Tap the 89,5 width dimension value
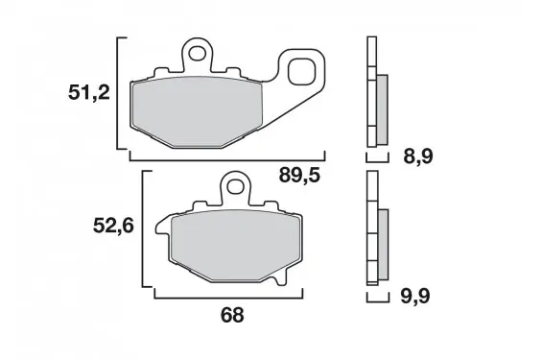coord(299,176)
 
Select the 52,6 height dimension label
coord(113,227)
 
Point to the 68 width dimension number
coord(232,315)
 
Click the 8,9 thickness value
coord(417,156)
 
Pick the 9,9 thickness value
coord(415,297)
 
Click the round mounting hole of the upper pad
coord(197,53)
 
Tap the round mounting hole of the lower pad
coord(235,187)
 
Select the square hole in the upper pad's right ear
coord(302,72)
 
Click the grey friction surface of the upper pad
coord(198,112)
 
